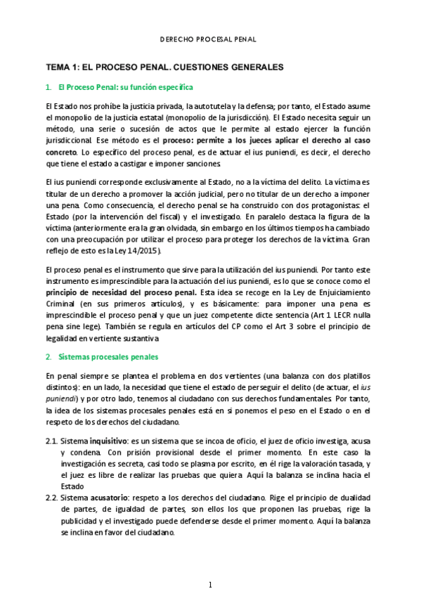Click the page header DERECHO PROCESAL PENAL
[x=209, y=40]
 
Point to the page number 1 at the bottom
[x=210, y=585]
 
